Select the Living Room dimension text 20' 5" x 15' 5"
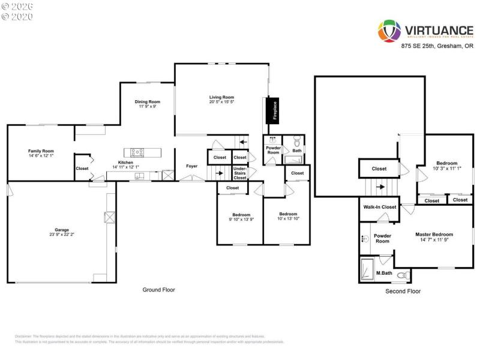[x=221, y=102]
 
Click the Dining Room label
[x=147, y=101]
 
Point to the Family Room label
[x=41, y=151]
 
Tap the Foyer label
[x=191, y=166]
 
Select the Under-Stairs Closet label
[x=240, y=173]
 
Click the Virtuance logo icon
[x=389, y=31]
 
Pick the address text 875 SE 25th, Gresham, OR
[x=437, y=46]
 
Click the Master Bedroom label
[x=434, y=235]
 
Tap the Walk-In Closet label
[x=380, y=207]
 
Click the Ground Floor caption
[x=158, y=290]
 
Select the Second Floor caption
[x=403, y=291]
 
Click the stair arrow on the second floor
[x=380, y=187]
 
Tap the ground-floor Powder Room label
[x=273, y=150]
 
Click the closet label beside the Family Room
[x=82, y=169]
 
